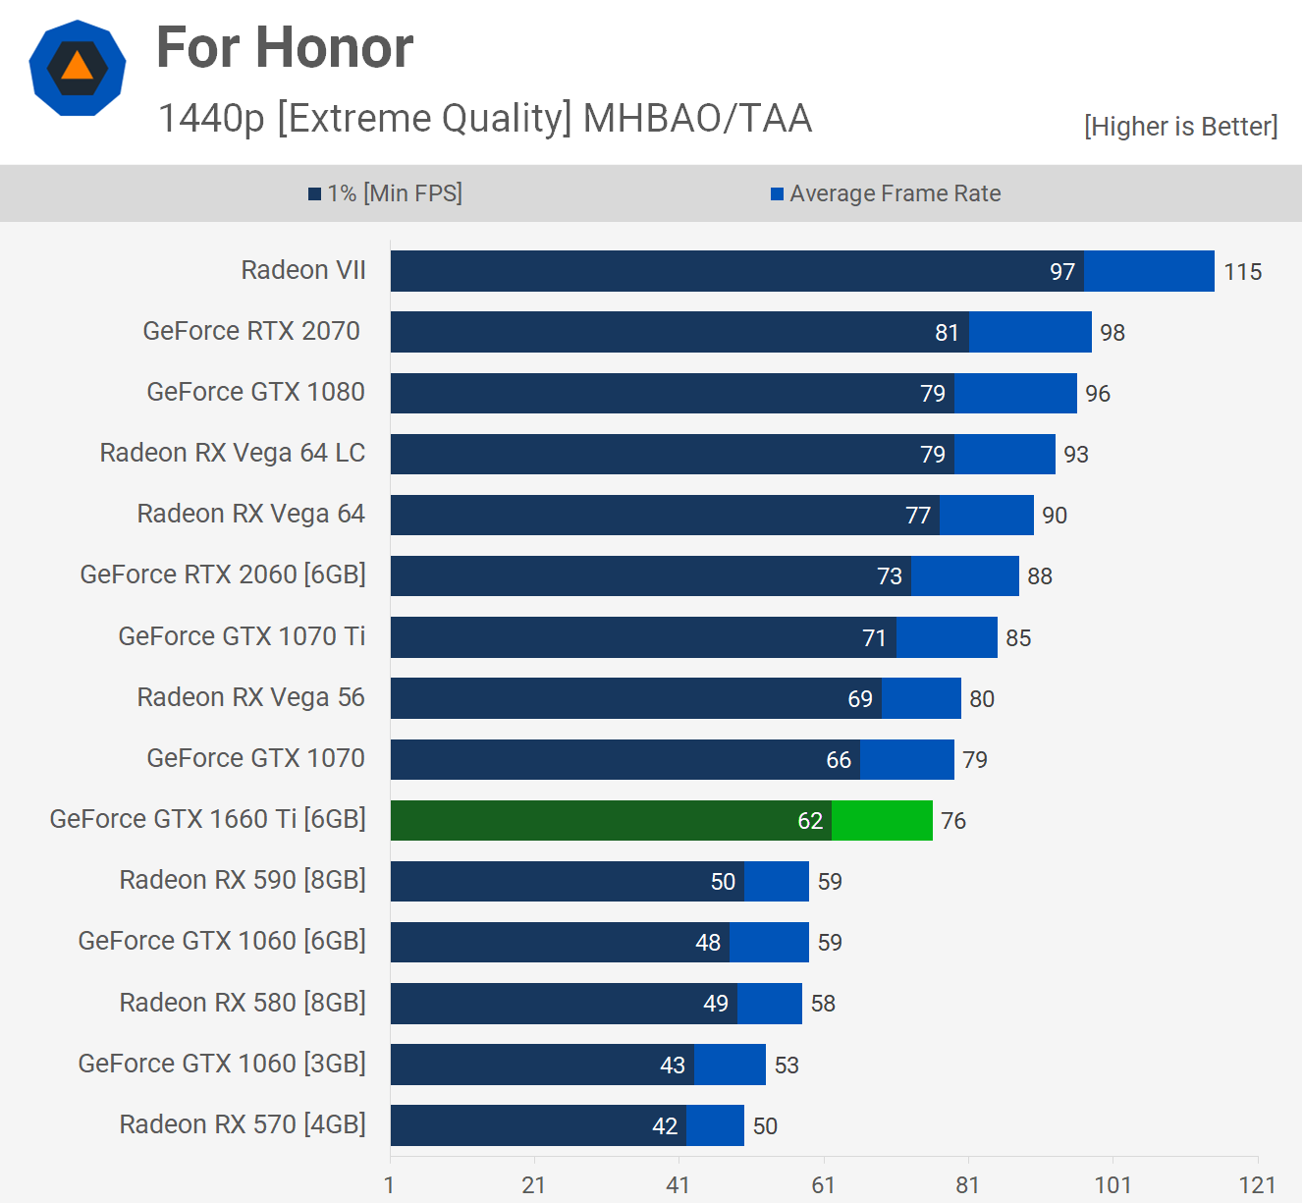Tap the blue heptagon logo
click(78, 68)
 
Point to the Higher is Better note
click(1180, 127)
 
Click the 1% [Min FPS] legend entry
click(385, 193)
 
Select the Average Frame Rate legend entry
click(886, 193)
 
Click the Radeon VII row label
click(303, 270)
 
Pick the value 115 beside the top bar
click(1242, 272)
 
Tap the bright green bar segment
click(882, 820)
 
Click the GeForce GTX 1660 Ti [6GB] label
click(208, 819)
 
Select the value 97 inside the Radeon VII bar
click(1062, 272)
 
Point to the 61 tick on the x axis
click(823, 1184)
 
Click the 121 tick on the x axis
click(1257, 1184)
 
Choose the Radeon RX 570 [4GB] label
click(243, 1124)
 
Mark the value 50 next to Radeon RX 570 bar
click(765, 1126)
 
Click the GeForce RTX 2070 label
click(251, 331)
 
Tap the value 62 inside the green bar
click(810, 821)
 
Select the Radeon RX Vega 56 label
click(250, 697)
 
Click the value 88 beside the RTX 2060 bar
click(1040, 576)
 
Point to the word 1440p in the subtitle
click(212, 118)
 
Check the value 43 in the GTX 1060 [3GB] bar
click(673, 1066)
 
